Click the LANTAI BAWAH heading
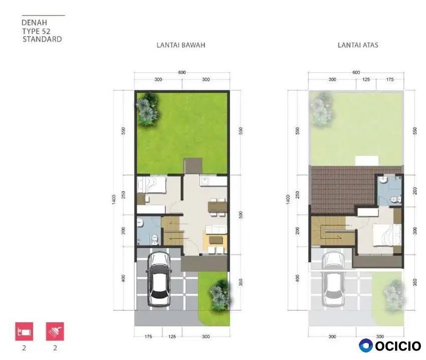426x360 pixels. click(x=180, y=45)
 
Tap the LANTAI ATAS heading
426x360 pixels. click(x=358, y=45)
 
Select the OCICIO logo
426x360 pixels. click(x=390, y=345)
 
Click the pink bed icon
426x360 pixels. click(x=24, y=331)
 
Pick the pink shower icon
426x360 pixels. click(x=55, y=331)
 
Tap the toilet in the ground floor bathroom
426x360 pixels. click(x=154, y=239)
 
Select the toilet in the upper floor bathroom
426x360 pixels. click(x=395, y=200)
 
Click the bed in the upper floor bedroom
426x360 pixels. click(x=386, y=235)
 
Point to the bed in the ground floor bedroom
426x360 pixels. click(x=151, y=185)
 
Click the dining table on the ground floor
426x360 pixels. click(x=218, y=207)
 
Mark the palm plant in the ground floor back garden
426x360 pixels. click(x=147, y=109)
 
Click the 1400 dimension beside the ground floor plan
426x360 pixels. click(x=114, y=200)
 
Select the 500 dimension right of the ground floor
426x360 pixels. click(x=241, y=215)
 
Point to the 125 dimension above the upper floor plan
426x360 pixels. click(x=366, y=79)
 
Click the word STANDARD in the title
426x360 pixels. click(x=42, y=39)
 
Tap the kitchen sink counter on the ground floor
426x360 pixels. click(x=214, y=181)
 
